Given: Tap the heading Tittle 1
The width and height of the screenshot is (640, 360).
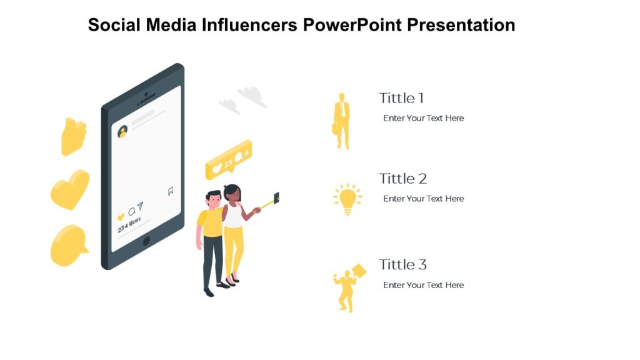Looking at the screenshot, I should (401, 98).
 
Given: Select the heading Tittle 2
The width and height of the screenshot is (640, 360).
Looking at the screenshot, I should (402, 179).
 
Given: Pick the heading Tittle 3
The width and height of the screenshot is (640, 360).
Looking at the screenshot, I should (402, 264).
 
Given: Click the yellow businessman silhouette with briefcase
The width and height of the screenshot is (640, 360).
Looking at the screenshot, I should (341, 121).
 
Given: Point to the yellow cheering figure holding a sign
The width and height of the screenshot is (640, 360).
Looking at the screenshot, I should (347, 287).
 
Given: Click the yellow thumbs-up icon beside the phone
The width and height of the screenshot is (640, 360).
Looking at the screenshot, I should (73, 136).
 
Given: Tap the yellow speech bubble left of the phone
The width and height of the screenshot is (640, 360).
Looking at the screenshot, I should (69, 245).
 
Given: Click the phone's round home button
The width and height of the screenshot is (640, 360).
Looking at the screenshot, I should (147, 241).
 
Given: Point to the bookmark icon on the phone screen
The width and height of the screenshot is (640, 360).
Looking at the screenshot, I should (171, 191).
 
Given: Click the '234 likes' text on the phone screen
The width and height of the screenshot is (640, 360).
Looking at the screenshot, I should (129, 224).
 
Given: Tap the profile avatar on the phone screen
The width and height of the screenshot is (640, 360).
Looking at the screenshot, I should (123, 131).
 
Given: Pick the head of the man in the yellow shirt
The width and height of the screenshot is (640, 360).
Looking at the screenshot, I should (214, 199).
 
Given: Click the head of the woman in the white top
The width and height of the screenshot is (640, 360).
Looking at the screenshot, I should (232, 193).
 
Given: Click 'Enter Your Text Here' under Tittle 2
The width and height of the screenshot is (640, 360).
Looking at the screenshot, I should (423, 199).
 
